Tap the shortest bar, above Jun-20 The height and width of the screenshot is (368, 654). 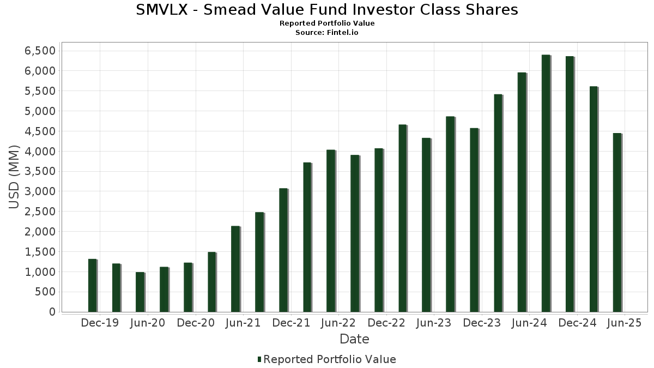(140, 292)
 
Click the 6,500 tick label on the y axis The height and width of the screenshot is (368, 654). (40, 51)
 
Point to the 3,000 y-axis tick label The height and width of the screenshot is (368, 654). (40, 191)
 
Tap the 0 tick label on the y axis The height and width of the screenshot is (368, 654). (52, 312)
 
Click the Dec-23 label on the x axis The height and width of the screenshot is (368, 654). (482, 323)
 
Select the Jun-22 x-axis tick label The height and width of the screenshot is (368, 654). (338, 323)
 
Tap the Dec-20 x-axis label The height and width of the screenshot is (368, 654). (195, 323)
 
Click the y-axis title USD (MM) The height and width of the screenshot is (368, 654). (15, 177)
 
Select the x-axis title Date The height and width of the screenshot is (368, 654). (354, 339)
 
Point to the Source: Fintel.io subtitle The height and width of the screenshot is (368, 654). (327, 33)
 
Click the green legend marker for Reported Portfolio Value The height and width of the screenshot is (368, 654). (259, 359)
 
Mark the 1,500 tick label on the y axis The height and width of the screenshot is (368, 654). (40, 252)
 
